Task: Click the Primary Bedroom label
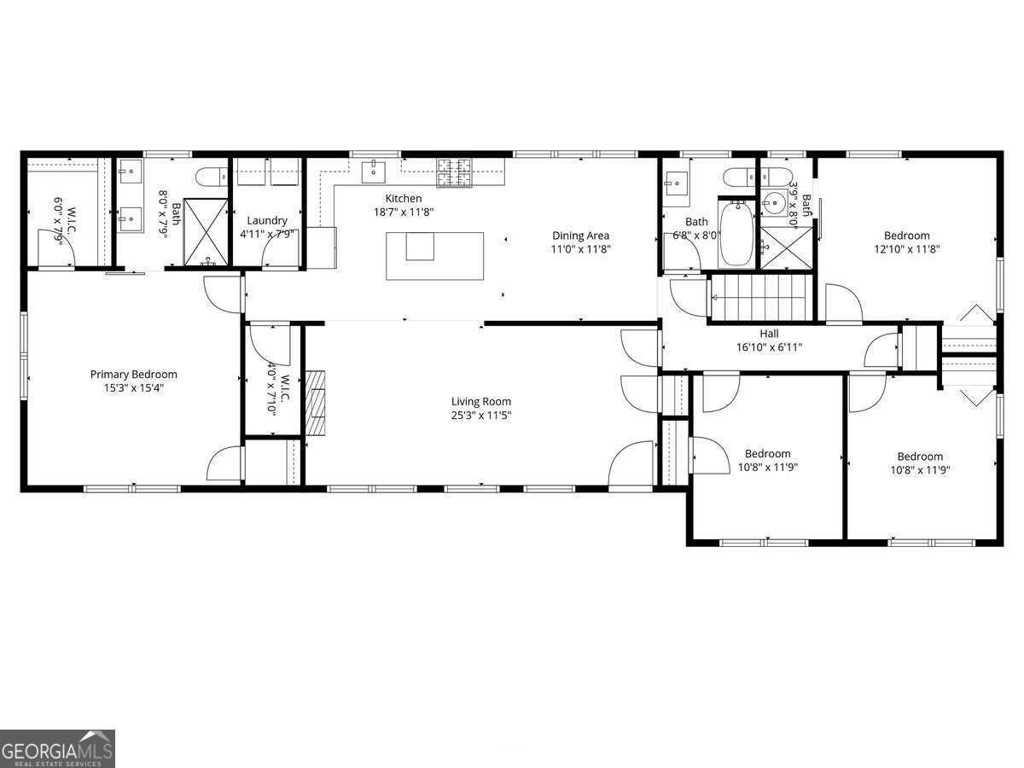click(134, 374)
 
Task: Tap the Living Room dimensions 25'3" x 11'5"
click(481, 416)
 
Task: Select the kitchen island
click(435, 255)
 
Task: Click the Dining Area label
click(580, 236)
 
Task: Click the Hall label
click(769, 334)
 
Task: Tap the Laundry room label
click(267, 220)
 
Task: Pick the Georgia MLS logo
click(57, 748)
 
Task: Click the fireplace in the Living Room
click(317, 403)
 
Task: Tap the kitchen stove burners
click(455, 172)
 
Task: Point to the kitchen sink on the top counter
click(375, 172)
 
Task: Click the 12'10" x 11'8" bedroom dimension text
click(906, 249)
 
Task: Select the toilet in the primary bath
click(209, 177)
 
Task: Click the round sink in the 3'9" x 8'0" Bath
click(775, 203)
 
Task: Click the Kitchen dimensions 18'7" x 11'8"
click(404, 212)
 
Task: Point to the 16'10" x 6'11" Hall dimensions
click(769, 347)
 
